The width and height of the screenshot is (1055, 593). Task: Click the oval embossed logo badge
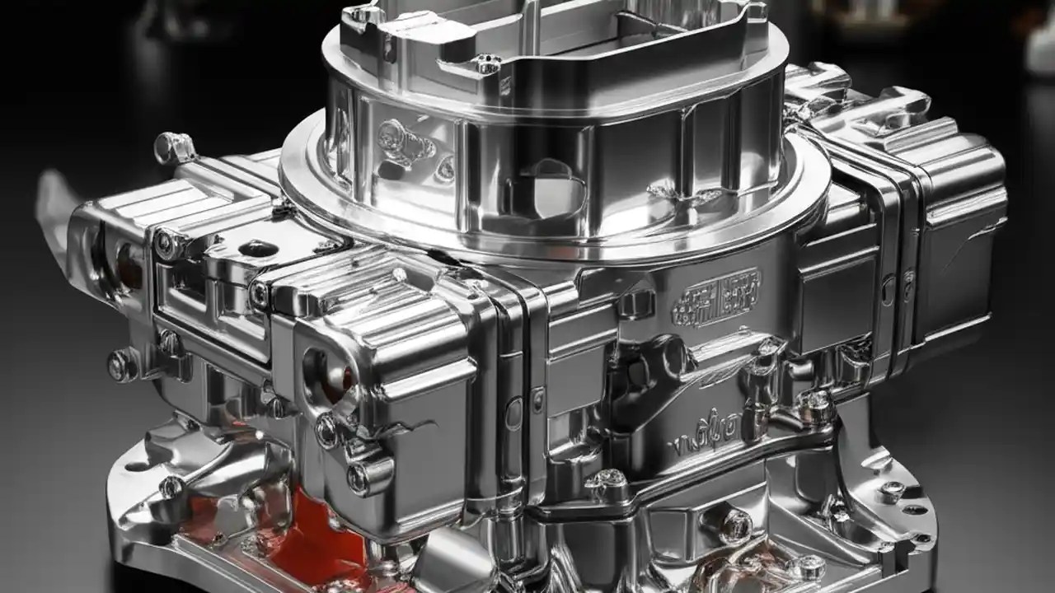pyautogui.click(x=716, y=299)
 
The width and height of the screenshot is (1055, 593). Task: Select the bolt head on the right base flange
pyautogui.click(x=891, y=488)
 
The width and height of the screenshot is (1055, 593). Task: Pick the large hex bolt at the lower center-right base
pyautogui.click(x=735, y=524)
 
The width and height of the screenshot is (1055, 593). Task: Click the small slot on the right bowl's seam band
pyautogui.click(x=886, y=291)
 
